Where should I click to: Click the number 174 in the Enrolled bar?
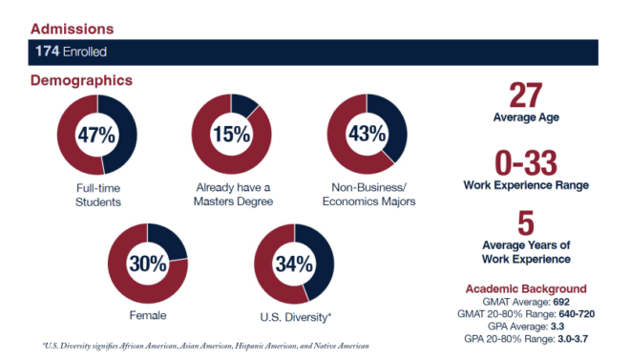click(x=48, y=51)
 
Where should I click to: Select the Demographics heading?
click(x=81, y=81)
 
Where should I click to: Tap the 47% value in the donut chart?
click(x=96, y=135)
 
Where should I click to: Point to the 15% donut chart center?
click(x=231, y=135)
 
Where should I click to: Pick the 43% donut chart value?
click(x=367, y=135)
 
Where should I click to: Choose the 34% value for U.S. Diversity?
click(x=294, y=263)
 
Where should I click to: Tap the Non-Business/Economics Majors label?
click(x=367, y=194)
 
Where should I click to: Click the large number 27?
click(x=525, y=95)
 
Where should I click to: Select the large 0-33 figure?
click(x=525, y=162)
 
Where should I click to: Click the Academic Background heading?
click(x=525, y=288)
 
